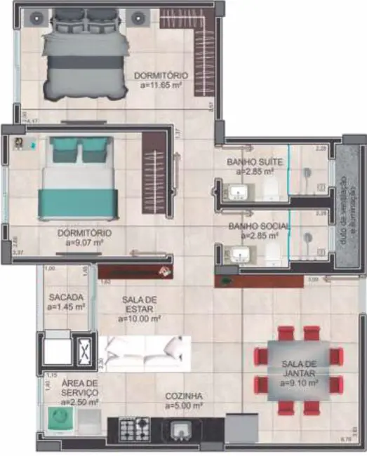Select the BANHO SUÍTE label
tap(249, 166)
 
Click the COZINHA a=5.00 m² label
tap(184, 401)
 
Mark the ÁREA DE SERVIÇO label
tap(79, 392)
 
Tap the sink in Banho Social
tap(241, 254)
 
